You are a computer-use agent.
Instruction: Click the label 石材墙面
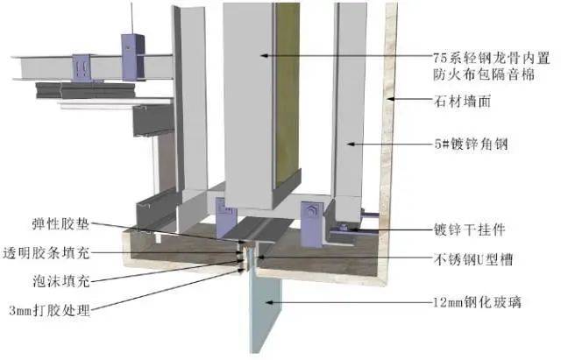click(x=462, y=102)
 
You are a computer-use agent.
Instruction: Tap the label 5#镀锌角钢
click(x=472, y=145)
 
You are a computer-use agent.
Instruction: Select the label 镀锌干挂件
click(x=470, y=229)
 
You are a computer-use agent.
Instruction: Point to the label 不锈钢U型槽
click(x=473, y=259)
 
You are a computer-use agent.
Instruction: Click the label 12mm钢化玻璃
click(x=477, y=303)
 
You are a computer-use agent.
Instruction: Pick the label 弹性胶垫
click(x=60, y=223)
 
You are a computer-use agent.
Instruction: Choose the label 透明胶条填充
click(x=46, y=253)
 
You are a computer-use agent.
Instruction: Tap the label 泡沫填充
click(x=60, y=282)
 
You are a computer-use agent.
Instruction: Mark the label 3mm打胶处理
click(x=49, y=310)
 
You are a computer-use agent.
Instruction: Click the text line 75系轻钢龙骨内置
click(x=491, y=58)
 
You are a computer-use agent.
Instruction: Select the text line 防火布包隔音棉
click(x=484, y=74)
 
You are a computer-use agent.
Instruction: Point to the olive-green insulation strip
click(x=287, y=94)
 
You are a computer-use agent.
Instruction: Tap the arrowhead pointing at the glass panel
click(x=268, y=302)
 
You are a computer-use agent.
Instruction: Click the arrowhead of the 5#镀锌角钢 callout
click(x=351, y=144)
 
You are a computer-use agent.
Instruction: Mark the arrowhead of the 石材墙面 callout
click(x=391, y=98)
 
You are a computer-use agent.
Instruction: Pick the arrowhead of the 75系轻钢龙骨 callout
click(x=264, y=55)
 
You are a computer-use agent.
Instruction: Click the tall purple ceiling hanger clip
click(x=132, y=57)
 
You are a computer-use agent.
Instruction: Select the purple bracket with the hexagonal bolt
click(x=312, y=224)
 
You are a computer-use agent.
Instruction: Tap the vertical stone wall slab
click(x=388, y=143)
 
